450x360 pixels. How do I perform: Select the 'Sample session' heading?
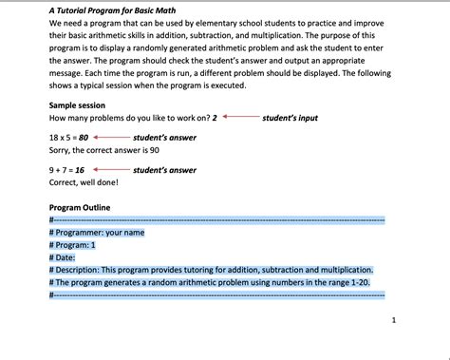point(77,104)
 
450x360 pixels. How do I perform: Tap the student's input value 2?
point(215,118)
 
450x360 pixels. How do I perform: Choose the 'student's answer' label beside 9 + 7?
point(164,171)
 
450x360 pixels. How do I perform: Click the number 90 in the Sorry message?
point(154,150)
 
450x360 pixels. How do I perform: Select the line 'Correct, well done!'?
point(88,183)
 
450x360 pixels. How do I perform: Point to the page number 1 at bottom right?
point(394,321)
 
